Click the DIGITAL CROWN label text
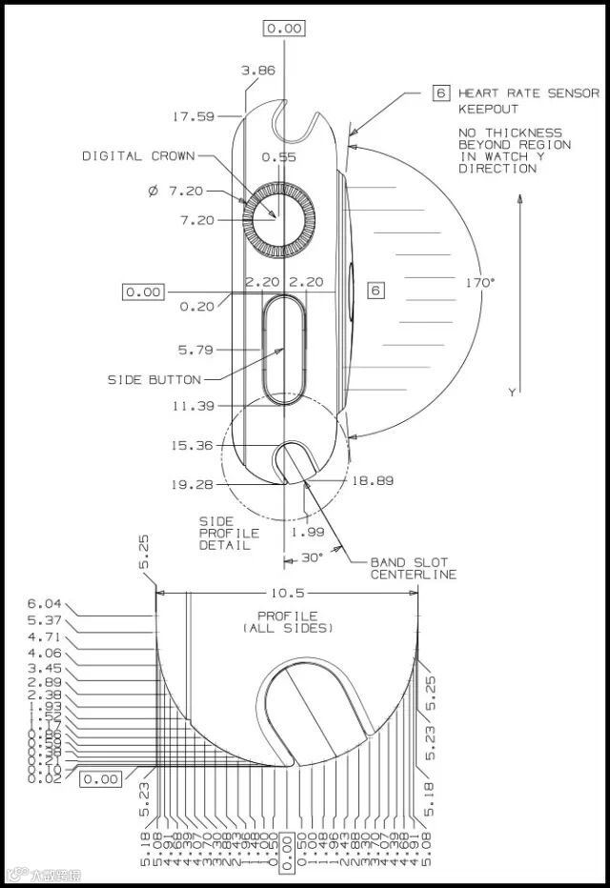click(x=138, y=156)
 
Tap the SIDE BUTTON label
click(x=154, y=380)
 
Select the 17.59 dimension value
click(x=193, y=117)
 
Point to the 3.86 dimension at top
click(x=257, y=71)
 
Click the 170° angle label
click(x=479, y=283)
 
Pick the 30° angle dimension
click(x=313, y=556)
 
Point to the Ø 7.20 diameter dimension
click(x=176, y=192)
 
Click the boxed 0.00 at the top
click(x=284, y=28)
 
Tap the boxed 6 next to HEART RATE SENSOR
click(x=440, y=93)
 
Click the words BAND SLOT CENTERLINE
click(x=413, y=568)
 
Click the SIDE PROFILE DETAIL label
click(x=224, y=534)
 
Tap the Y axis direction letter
click(x=511, y=392)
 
